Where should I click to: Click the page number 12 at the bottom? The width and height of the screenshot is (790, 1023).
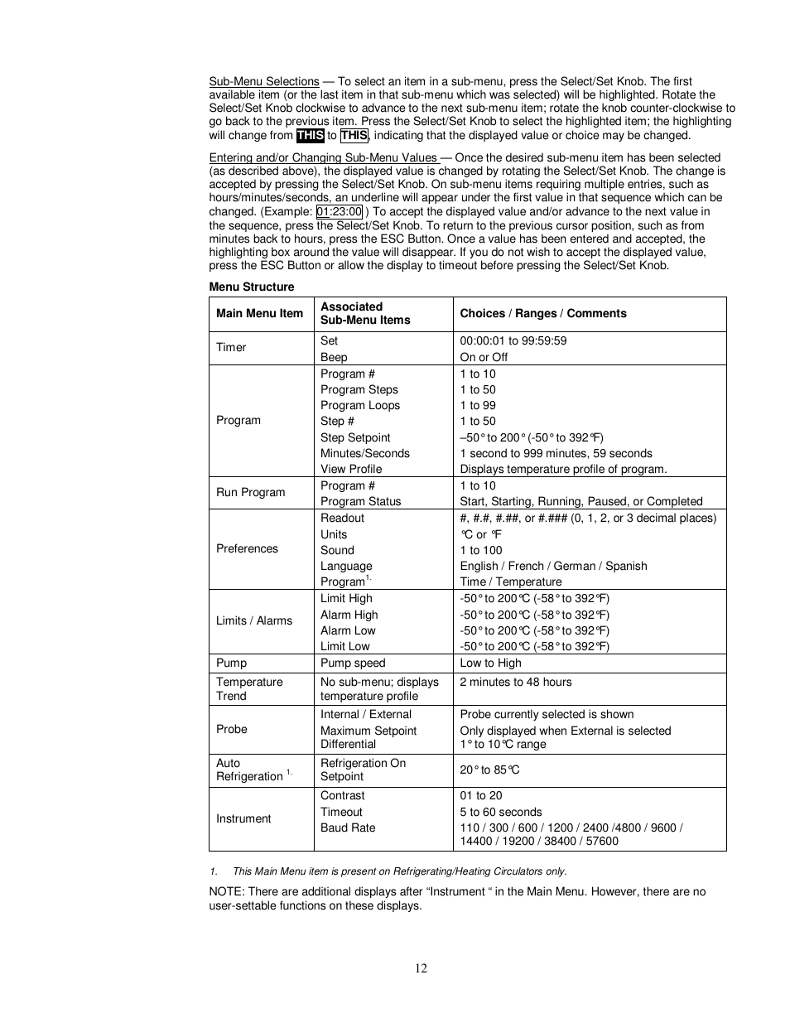(x=421, y=968)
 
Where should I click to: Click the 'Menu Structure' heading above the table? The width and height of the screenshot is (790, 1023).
(x=251, y=287)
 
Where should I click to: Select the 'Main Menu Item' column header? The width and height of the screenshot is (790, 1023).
(x=259, y=313)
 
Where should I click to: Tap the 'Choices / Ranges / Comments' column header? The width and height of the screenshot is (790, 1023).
(x=542, y=313)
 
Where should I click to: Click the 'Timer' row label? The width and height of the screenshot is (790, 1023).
(x=231, y=347)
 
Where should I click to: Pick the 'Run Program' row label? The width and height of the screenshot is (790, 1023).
(x=250, y=492)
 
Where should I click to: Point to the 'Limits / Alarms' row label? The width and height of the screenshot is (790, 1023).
(x=254, y=620)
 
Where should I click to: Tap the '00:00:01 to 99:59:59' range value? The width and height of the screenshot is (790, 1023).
(x=513, y=340)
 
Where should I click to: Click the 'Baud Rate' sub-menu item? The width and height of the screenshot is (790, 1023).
(x=348, y=828)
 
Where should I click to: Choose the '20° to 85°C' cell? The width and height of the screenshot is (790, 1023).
(x=489, y=770)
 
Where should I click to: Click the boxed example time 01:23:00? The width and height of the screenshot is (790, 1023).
(x=339, y=211)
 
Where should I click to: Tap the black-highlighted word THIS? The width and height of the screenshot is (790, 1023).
(x=310, y=136)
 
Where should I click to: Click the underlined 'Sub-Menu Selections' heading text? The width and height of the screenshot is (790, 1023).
(x=263, y=81)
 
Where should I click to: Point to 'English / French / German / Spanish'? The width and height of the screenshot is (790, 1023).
(x=553, y=566)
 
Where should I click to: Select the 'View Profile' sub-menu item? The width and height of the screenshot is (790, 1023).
(x=351, y=469)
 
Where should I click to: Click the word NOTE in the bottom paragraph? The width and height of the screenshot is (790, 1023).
(x=225, y=891)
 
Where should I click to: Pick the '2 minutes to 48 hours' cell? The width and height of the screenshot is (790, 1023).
(x=515, y=682)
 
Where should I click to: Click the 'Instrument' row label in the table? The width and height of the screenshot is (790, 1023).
(x=243, y=818)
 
